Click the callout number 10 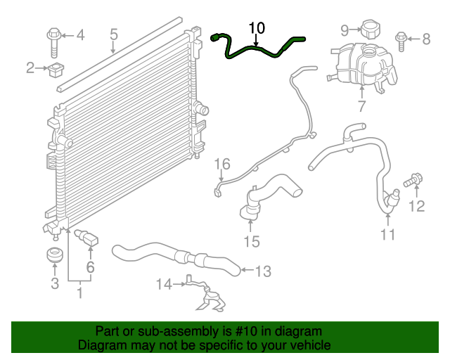(x=257, y=28)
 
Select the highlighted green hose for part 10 (x=257, y=50)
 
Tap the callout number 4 (x=79, y=34)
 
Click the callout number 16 (x=221, y=164)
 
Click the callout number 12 (x=417, y=206)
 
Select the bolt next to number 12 (x=412, y=182)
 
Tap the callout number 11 (x=388, y=234)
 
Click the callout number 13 (x=262, y=270)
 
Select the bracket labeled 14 (x=207, y=296)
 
